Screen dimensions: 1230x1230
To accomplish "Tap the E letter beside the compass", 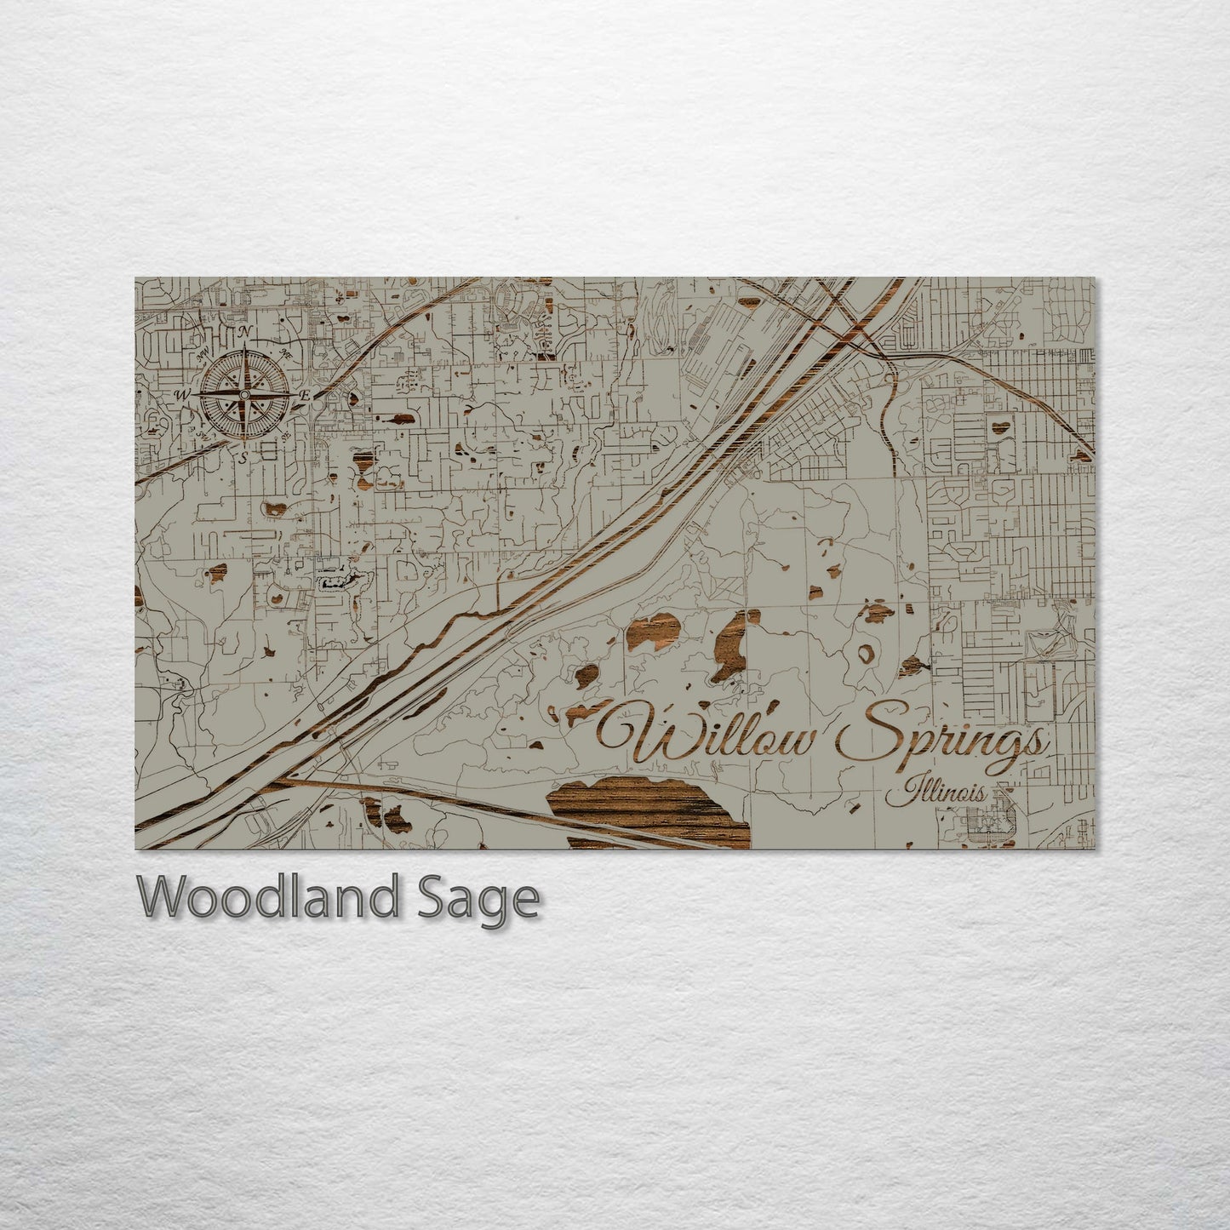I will [305, 396].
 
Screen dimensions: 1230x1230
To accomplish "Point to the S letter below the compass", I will [244, 458].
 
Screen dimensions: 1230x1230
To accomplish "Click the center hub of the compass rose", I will [244, 395].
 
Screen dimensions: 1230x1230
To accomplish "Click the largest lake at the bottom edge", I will [649, 815].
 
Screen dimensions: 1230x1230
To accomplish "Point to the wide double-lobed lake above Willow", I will [651, 630].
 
